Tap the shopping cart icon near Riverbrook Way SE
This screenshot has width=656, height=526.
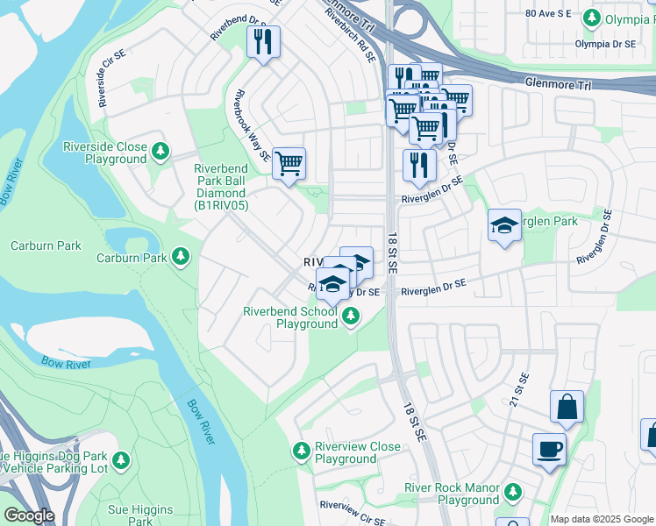coord(289,163)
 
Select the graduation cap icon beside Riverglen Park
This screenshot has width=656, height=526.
coord(504,225)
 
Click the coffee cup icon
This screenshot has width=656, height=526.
coord(549,450)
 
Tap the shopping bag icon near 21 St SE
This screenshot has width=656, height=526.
coord(567,407)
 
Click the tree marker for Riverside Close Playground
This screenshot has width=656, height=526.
coord(160,153)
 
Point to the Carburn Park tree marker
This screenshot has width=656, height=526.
coord(180,257)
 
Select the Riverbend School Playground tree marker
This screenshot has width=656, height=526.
coord(351,319)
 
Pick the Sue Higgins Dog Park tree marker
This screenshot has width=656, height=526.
coord(121,460)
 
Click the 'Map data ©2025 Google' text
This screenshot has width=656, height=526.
coord(602,519)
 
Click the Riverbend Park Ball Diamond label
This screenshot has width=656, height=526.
coord(225,187)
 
